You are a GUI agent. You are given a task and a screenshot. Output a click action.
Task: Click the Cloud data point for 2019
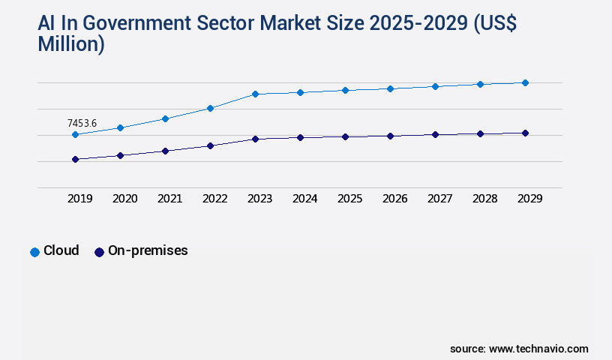[x=75, y=135]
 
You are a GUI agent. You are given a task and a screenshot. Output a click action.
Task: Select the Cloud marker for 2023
[x=255, y=94]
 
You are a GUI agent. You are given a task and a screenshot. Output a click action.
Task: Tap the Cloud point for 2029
[x=525, y=82]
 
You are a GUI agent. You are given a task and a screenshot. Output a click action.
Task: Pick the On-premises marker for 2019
[x=75, y=159]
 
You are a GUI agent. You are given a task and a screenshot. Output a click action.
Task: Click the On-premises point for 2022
[x=210, y=145]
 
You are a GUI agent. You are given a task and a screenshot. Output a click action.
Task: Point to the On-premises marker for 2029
[x=525, y=133]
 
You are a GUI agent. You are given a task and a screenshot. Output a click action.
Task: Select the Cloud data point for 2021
[x=165, y=118]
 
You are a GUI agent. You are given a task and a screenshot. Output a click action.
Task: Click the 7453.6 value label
[x=82, y=123]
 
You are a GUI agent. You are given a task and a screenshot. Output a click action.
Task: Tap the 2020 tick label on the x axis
[x=124, y=199]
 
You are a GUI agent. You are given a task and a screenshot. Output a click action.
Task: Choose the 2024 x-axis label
[x=304, y=199]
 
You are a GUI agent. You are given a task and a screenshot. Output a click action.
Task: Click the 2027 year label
[x=439, y=199]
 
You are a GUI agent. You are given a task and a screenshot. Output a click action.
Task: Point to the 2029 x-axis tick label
[x=529, y=199]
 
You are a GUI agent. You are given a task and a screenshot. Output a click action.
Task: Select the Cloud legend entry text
[x=61, y=250]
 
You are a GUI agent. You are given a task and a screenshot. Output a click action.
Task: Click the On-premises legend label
[x=148, y=250]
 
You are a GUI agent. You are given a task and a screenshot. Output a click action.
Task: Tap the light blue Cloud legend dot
[x=34, y=252]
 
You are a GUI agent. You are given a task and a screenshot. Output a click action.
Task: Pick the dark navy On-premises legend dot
[x=99, y=252]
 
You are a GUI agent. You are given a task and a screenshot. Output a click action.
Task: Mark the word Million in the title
[x=70, y=44]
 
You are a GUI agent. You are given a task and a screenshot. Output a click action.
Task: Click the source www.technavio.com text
[x=519, y=349]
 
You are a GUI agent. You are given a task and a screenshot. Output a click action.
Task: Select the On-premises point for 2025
[x=345, y=136]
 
